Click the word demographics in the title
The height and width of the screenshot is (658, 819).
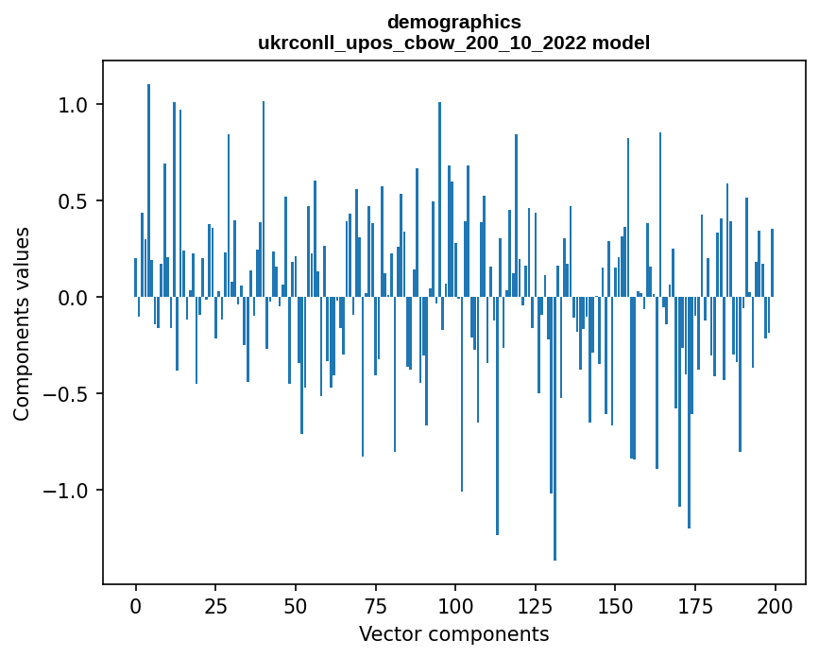[x=453, y=22]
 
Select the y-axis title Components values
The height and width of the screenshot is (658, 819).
[x=22, y=323]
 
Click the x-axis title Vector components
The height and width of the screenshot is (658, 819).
[x=453, y=633]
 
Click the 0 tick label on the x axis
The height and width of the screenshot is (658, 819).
[x=135, y=604]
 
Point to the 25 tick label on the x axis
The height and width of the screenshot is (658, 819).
[x=214, y=604]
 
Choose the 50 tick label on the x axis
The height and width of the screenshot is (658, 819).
[x=295, y=604]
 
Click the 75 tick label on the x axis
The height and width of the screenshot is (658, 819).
[x=375, y=604]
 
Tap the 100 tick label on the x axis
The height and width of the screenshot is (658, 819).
[x=455, y=604]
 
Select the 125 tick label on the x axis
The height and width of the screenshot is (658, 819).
[x=535, y=604]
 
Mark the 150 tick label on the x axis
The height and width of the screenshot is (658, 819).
[x=615, y=604]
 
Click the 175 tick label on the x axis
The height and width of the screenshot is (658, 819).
[x=695, y=604]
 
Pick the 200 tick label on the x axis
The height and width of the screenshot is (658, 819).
[x=776, y=604]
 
